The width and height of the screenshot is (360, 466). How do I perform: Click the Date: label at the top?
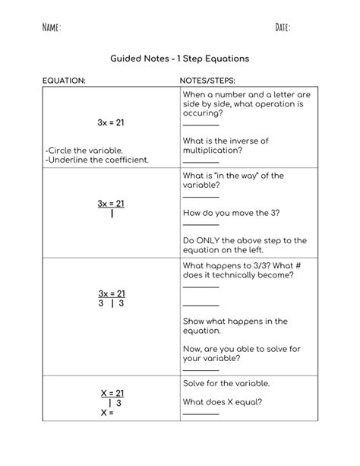coord(283,28)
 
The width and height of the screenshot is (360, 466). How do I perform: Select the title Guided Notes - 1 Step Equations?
coord(179,58)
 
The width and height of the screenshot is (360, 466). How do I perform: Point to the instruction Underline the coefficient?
coord(96,160)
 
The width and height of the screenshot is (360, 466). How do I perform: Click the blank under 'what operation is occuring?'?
coord(201,125)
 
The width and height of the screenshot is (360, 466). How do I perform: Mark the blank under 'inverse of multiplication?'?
coord(201,161)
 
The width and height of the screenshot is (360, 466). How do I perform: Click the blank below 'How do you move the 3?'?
coord(201,224)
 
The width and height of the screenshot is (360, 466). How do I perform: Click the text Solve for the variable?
coord(226,383)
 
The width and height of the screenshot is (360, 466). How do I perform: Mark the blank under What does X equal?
coord(201,414)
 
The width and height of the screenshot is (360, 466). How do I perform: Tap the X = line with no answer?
coord(107,414)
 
